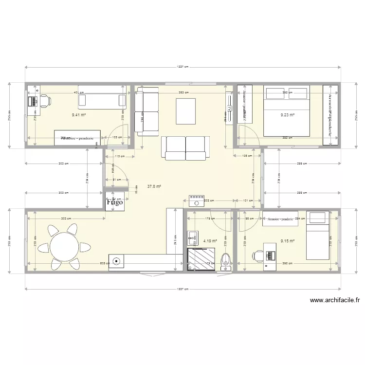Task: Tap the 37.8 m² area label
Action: tap(154, 186)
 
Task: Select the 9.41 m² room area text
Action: tap(78, 115)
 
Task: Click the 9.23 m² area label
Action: tap(287, 115)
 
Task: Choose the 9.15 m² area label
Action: tap(288, 240)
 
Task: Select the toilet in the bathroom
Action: tap(225, 261)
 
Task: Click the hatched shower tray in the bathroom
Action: tap(201, 258)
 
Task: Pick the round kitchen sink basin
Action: tap(117, 261)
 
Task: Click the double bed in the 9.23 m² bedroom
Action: tap(286, 111)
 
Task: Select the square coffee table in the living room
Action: tap(186, 111)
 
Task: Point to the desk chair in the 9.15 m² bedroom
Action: tap(257, 255)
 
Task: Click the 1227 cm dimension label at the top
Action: tap(182, 68)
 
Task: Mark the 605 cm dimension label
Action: tap(104, 263)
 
